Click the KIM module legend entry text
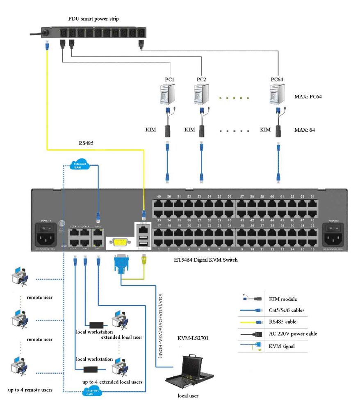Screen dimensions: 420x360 tap(282, 299)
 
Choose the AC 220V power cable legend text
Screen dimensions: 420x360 tap(293, 333)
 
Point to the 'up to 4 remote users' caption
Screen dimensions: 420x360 tap(30, 389)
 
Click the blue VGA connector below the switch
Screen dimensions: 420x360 tap(121, 264)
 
